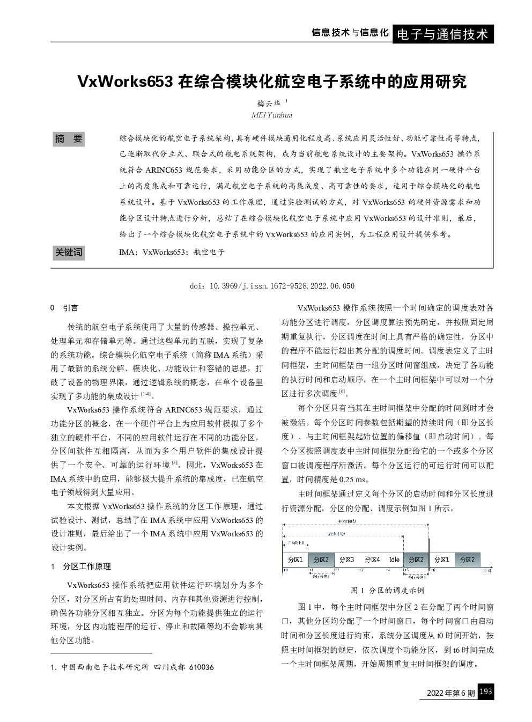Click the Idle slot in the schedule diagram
click(x=394, y=559)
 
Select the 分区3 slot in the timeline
click(x=346, y=559)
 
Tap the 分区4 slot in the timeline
click(x=372, y=559)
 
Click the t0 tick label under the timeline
click(x=285, y=570)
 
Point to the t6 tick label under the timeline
click(x=432, y=570)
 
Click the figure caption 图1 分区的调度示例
click(x=387, y=590)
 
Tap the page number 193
click(x=485, y=692)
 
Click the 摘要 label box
click(x=69, y=139)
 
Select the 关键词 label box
click(x=69, y=252)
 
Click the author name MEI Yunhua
click(x=271, y=115)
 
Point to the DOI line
click(x=272, y=286)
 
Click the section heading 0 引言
click(x=64, y=308)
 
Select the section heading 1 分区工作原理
click(x=81, y=566)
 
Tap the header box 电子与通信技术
click(x=443, y=34)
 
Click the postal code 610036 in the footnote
click(x=202, y=667)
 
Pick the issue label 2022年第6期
click(x=450, y=693)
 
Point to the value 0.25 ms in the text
click(x=353, y=480)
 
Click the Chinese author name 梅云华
click(x=269, y=104)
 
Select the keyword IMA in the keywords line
click(x=127, y=252)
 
